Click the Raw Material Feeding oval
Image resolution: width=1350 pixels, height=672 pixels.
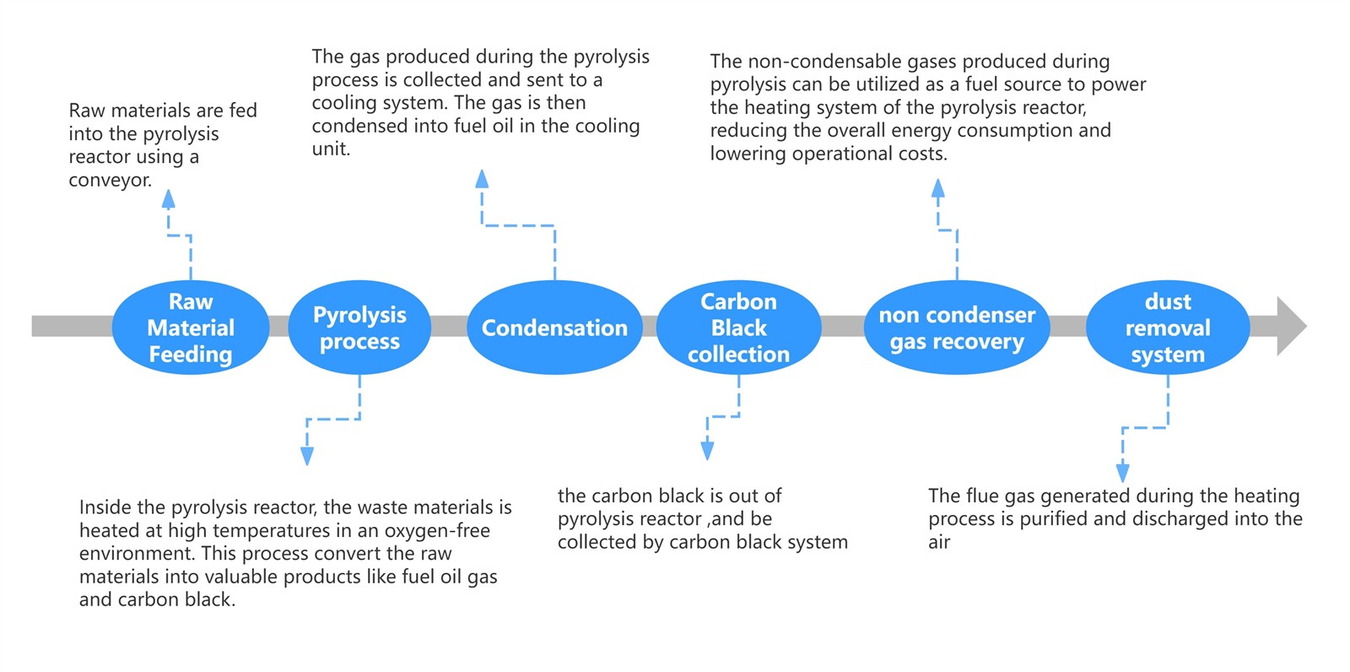tap(191, 328)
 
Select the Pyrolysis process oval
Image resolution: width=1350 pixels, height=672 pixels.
tap(359, 328)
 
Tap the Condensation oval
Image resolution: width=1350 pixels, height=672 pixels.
tap(554, 328)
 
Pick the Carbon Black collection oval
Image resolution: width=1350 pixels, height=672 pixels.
tap(738, 328)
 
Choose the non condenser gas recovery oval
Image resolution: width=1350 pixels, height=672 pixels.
tap(957, 328)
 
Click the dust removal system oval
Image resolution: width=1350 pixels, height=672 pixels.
tap(1168, 328)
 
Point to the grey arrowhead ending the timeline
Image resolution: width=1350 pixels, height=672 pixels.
tap(1290, 326)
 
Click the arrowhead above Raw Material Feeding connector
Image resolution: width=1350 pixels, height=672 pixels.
tap(169, 199)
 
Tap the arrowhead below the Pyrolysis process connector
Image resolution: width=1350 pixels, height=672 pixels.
tap(307, 456)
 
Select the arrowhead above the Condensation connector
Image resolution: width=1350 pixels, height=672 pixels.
tap(482, 179)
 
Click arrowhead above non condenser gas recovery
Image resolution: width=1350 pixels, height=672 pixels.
tap(937, 188)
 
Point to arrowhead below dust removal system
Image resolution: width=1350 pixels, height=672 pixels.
tap(1122, 472)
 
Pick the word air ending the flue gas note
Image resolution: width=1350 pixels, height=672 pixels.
tap(939, 543)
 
